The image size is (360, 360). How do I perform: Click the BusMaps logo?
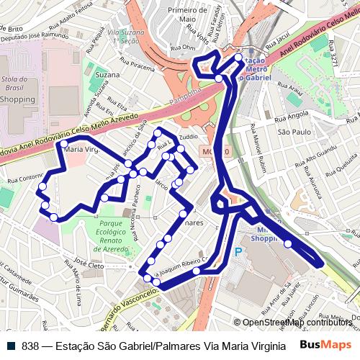point(325,346)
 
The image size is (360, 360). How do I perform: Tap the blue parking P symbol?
point(238,253)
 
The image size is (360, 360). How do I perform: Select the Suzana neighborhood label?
point(107,75)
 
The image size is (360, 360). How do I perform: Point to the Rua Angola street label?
point(292,115)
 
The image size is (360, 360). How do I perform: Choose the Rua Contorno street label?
point(24,176)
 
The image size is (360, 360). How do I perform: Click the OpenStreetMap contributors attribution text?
point(297,323)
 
